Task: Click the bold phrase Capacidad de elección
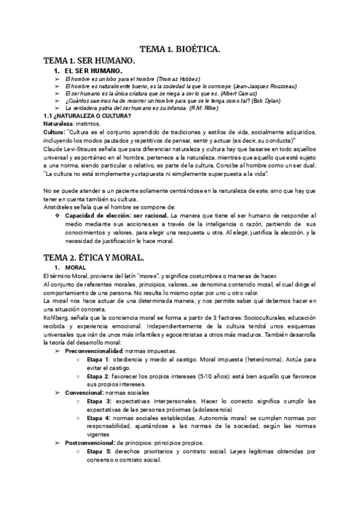click(97, 215)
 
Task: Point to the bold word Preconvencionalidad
click(94, 350)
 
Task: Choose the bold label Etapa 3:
click(100, 400)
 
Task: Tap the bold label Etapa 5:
click(100, 451)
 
